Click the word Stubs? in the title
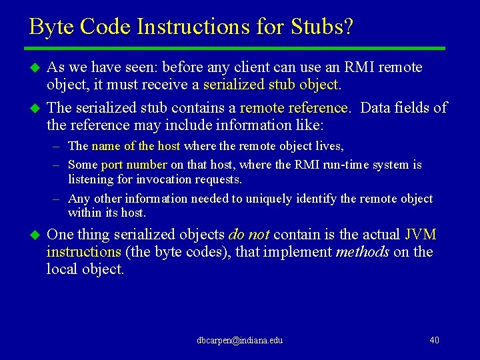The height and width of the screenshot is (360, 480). (323, 27)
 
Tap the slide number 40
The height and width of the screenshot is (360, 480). (434, 341)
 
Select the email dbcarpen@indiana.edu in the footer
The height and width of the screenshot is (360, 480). (240, 341)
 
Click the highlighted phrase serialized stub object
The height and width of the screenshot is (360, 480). (271, 85)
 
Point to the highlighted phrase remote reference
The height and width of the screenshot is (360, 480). (294, 108)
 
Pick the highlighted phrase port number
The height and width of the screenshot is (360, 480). (134, 165)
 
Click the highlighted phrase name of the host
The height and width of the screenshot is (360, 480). (136, 146)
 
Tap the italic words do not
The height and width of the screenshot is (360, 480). (249, 235)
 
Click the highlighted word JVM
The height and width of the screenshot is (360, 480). (421, 235)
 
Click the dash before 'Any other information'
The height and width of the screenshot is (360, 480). (58, 199)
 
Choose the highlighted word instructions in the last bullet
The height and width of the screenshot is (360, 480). (84, 252)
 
